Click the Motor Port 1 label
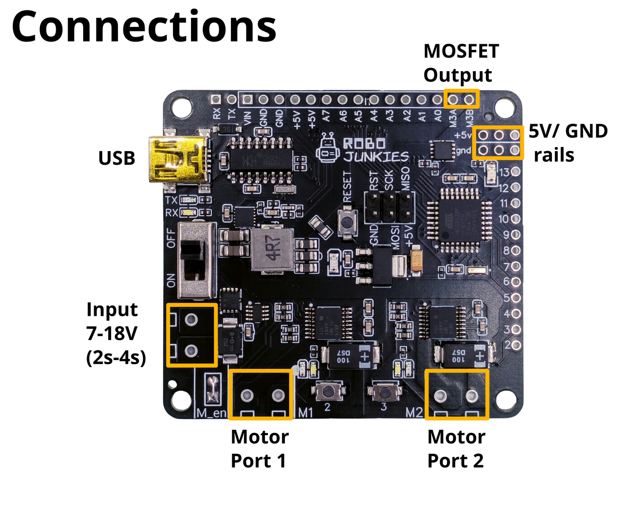(x=260, y=448)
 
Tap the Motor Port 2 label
(x=456, y=448)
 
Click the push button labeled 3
(x=384, y=391)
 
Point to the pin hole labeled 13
(x=516, y=172)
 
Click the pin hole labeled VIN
(x=248, y=99)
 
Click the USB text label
(x=116, y=158)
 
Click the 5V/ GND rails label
(x=568, y=143)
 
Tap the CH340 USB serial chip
(x=261, y=159)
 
